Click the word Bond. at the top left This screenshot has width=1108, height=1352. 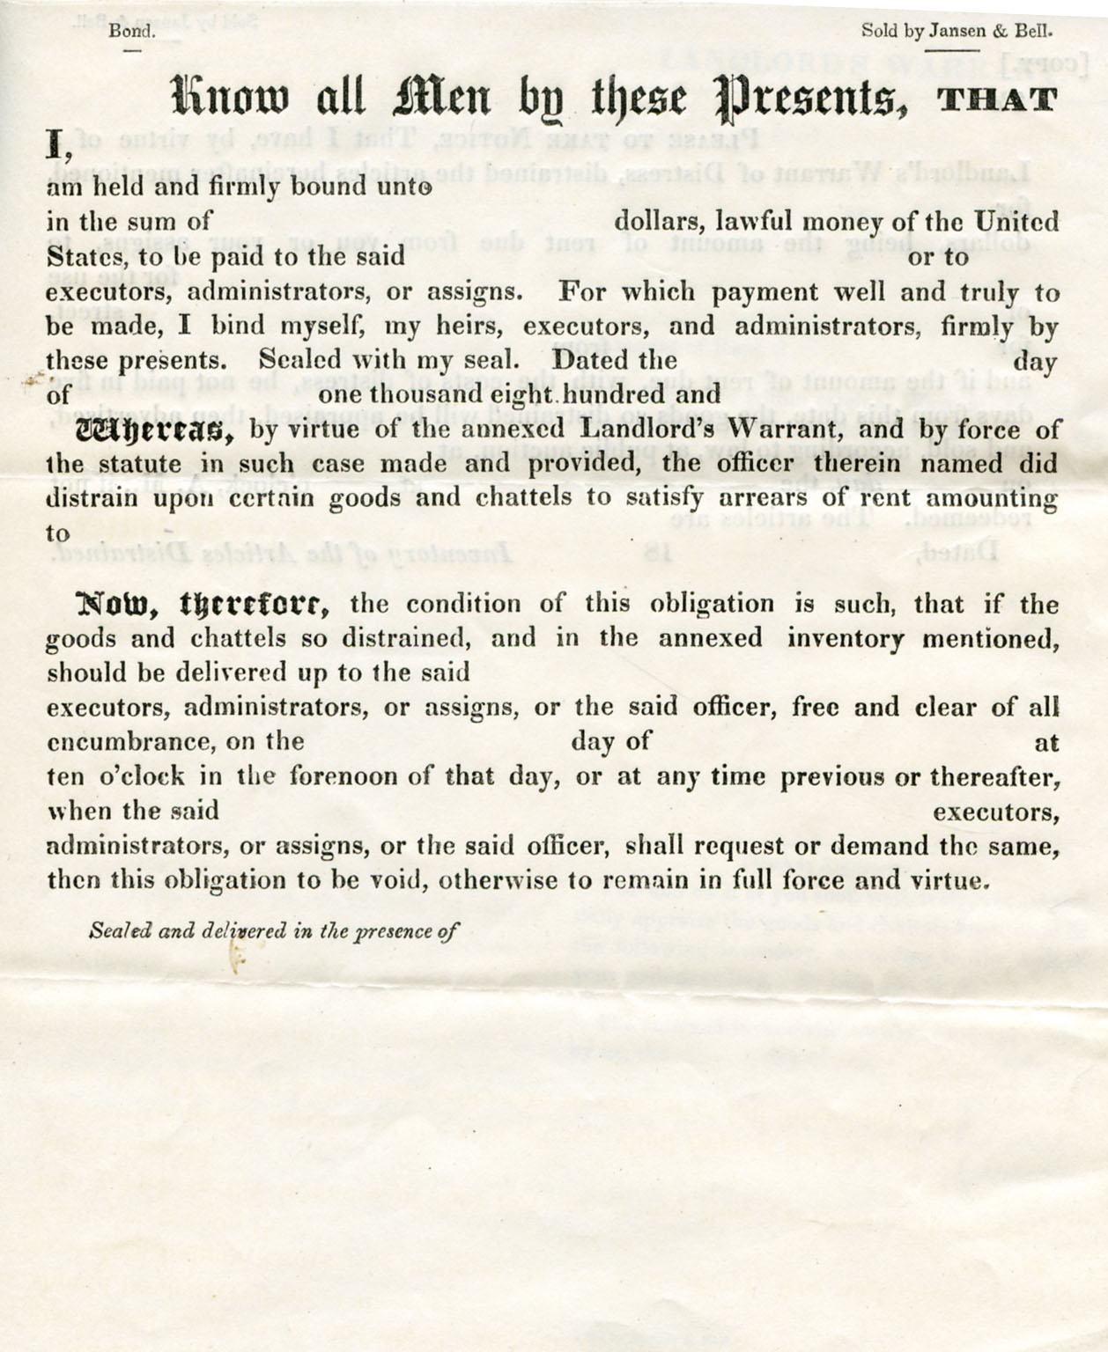coord(132,31)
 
